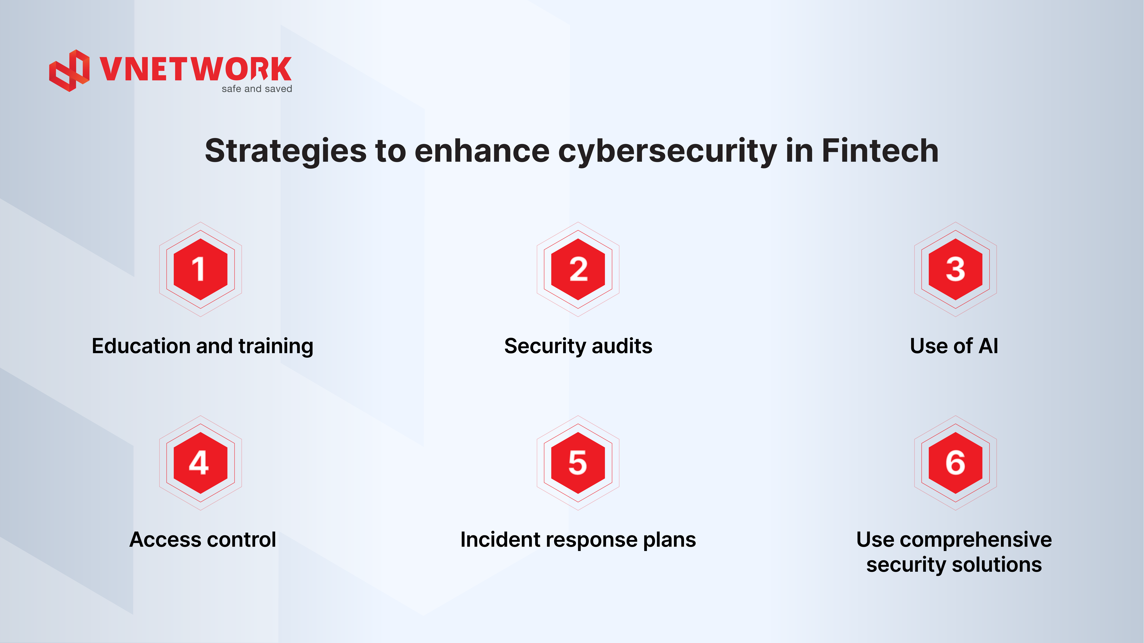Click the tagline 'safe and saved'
[257, 89]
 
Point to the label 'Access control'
[202, 540]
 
